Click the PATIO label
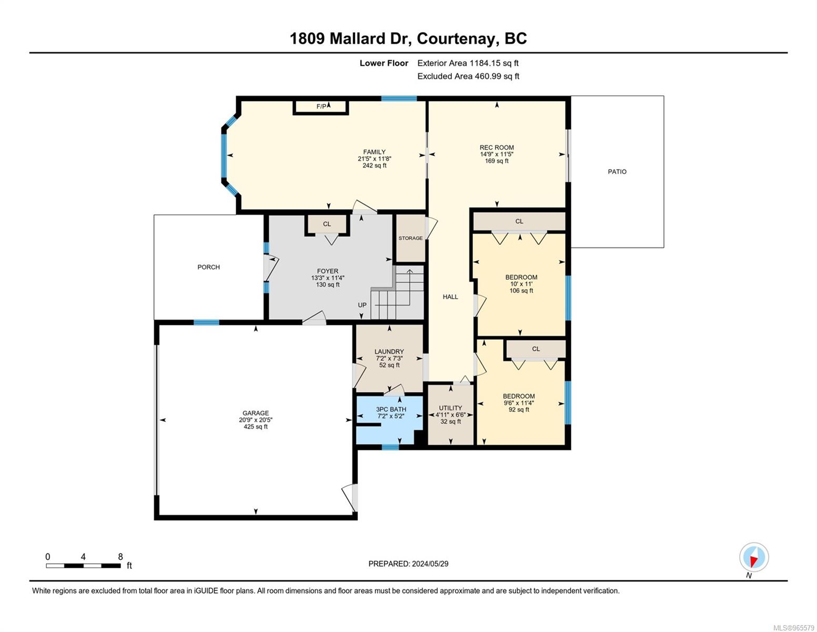[617, 172]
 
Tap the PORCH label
[209, 267]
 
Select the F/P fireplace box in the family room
[321, 107]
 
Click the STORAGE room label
[410, 238]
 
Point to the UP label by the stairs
[362, 305]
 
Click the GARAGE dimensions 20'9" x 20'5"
[256, 420]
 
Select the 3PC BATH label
[391, 409]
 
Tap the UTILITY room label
[450, 408]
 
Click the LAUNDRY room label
[389, 352]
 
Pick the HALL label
[450, 297]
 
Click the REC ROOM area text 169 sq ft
[497, 161]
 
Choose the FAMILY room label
[374, 152]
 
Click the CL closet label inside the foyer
[327, 224]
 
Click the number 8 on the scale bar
[120, 557]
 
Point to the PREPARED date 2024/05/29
[430, 564]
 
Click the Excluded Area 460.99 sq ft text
[468, 76]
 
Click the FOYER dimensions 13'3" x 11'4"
[327, 278]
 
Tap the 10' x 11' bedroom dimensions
[521, 284]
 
